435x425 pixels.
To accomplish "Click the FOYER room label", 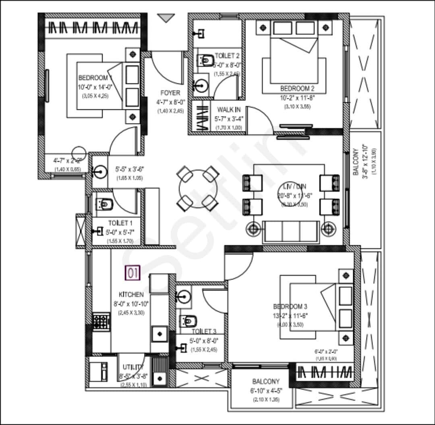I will (x=170, y=93).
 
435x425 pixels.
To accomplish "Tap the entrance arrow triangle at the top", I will (x=166, y=18).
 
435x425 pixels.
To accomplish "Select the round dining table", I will (x=198, y=189).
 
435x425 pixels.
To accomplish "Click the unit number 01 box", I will (x=133, y=273).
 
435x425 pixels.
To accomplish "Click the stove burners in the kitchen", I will (x=101, y=322).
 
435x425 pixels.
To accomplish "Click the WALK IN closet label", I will (x=228, y=110).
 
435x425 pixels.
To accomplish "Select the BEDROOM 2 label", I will (x=298, y=88).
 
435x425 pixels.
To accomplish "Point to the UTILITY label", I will (x=133, y=367).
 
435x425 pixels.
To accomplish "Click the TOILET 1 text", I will (x=120, y=223).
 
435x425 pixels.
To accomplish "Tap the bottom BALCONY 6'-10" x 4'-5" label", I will (x=266, y=381).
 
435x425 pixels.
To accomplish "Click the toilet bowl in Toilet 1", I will (x=104, y=204).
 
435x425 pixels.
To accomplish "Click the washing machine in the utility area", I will (x=98, y=371).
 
